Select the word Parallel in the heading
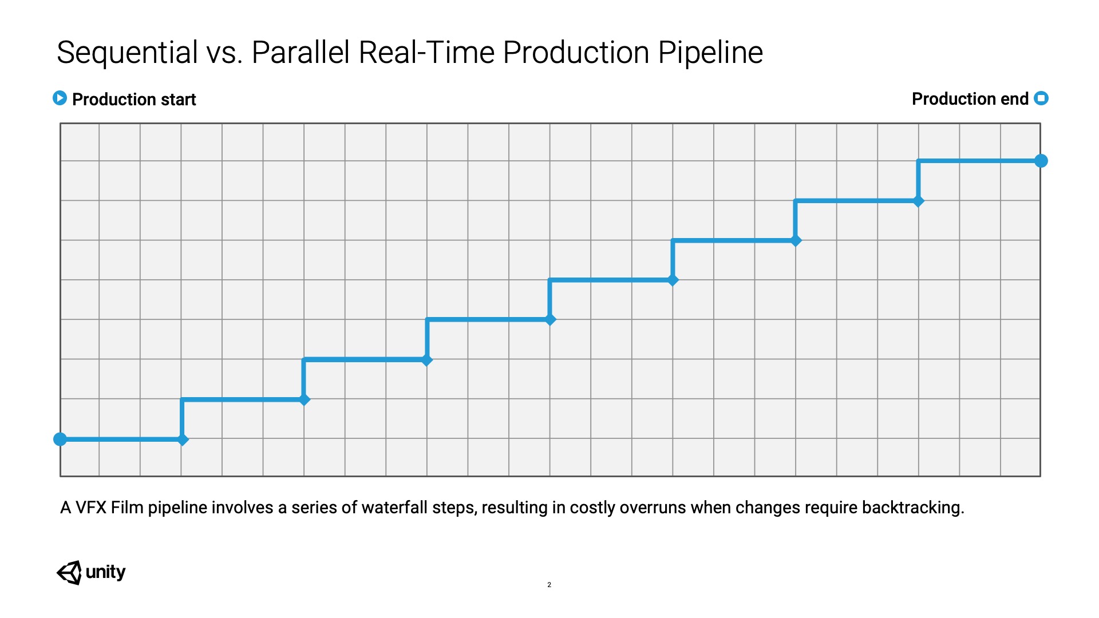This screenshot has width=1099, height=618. click(x=301, y=53)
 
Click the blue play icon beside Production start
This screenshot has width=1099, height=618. click(x=60, y=98)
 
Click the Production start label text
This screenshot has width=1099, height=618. click(x=134, y=100)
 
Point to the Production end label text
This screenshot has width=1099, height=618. click(x=970, y=99)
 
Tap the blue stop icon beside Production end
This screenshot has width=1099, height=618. click(x=1041, y=98)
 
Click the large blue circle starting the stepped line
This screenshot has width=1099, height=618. click(x=60, y=439)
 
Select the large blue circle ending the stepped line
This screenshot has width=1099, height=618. click(x=1041, y=161)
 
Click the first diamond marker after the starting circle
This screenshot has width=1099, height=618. click(x=183, y=439)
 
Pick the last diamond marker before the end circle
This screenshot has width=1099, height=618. click(x=918, y=201)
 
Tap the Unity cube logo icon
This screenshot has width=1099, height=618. click(x=69, y=572)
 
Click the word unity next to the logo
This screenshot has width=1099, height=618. click(x=105, y=572)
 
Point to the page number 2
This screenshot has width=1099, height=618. click(x=549, y=585)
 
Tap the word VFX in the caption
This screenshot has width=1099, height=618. click(x=91, y=508)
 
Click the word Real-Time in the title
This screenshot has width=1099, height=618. click(x=426, y=53)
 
